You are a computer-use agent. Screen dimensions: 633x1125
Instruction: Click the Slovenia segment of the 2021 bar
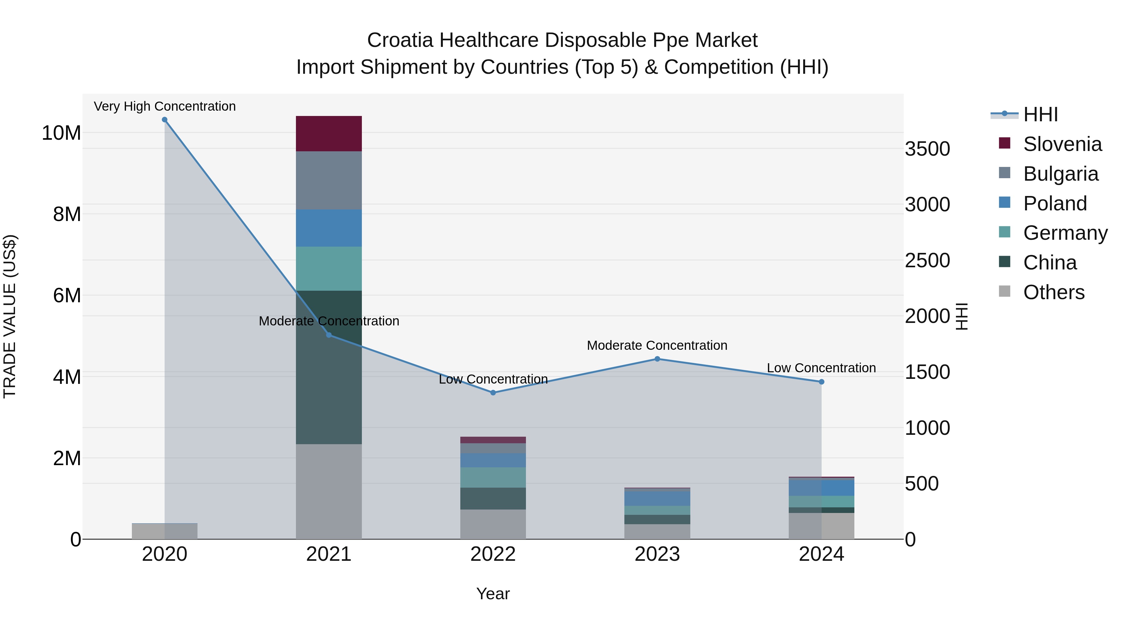[x=329, y=134]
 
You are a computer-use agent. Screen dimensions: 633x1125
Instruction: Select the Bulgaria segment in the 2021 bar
[x=329, y=180]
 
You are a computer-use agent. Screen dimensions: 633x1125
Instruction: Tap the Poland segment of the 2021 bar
[x=329, y=228]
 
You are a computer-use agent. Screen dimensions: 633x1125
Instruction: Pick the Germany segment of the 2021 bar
[x=329, y=269]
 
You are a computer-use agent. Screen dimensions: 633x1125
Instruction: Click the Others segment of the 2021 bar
[x=329, y=491]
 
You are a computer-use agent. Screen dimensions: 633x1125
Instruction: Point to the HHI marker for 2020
[x=165, y=120]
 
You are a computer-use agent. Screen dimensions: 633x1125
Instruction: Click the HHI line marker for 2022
[x=493, y=393]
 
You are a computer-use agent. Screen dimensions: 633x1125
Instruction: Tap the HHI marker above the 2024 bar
[x=822, y=382]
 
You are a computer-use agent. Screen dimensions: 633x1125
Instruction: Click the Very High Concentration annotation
[x=165, y=107]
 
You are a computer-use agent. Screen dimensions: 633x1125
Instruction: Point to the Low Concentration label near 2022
[x=493, y=379]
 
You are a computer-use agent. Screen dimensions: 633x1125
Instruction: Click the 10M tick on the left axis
[x=61, y=133]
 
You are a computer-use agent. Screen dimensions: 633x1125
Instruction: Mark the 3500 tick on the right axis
[x=927, y=149]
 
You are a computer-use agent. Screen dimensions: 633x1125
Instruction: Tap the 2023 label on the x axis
[x=657, y=554]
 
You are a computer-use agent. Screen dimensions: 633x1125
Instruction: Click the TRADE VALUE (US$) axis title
[x=10, y=316]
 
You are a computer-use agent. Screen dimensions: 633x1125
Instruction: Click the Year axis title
[x=493, y=594]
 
